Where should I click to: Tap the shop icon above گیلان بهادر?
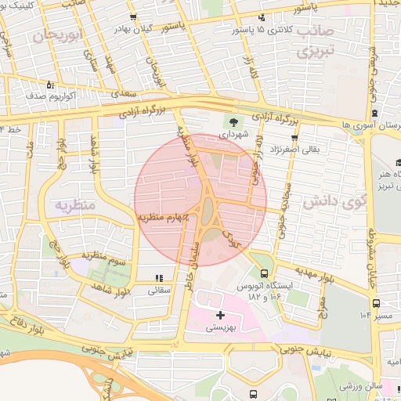[134, 16]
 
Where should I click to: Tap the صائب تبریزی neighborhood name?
[315, 42]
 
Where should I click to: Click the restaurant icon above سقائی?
[159, 278]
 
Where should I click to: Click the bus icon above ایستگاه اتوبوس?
[265, 274]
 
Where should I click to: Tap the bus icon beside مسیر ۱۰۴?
[377, 302]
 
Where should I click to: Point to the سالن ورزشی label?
[361, 387]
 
